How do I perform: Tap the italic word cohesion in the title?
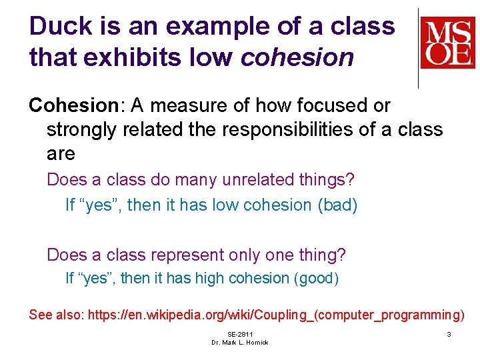pos(297,58)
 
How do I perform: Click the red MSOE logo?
pos(447,43)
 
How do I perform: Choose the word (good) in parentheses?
pos(316,279)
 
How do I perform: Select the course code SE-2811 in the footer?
pos(240,334)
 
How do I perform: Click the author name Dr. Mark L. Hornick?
pos(240,343)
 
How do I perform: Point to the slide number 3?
pos(449,334)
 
